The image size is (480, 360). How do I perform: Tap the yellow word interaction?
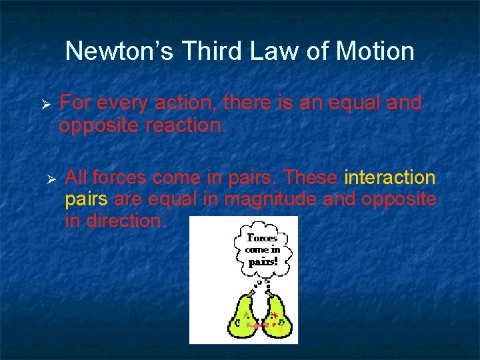point(390,178)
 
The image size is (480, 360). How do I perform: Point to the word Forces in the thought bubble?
point(263,237)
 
